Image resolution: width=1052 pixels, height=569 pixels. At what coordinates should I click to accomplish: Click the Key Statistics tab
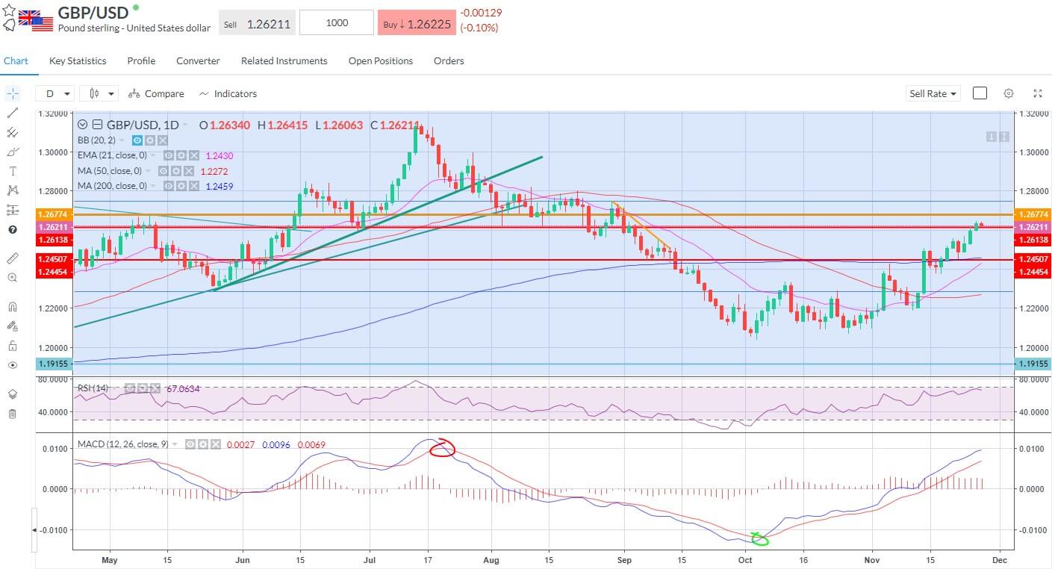click(x=78, y=61)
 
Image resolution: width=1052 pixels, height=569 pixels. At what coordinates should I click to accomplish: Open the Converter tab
click(x=198, y=61)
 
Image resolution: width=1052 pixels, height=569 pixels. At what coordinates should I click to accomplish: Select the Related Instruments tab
click(x=284, y=61)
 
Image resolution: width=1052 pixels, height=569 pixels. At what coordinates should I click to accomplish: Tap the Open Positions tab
click(x=380, y=61)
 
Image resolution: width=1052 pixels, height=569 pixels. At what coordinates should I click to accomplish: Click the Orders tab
click(x=449, y=61)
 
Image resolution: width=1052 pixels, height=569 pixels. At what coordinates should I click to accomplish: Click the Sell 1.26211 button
click(x=257, y=23)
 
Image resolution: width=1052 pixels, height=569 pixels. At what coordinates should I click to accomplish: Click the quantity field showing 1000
click(x=337, y=23)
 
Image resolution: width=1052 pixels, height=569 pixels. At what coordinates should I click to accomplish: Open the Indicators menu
click(x=228, y=94)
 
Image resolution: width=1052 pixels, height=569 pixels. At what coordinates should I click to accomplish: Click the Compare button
click(x=156, y=94)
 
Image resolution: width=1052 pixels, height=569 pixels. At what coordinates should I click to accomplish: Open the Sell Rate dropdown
click(x=933, y=94)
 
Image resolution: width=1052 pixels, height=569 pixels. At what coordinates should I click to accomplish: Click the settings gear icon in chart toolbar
click(x=1009, y=93)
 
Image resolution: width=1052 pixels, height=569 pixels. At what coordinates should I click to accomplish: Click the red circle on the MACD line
click(x=443, y=448)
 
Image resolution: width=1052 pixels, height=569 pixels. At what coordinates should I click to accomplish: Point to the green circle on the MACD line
click(x=760, y=538)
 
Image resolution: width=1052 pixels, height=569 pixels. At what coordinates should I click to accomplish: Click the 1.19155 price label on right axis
click(x=1033, y=364)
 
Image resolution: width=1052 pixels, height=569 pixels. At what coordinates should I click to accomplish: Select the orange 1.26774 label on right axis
click(x=1033, y=214)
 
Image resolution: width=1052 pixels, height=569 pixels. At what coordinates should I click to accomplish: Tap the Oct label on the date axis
click(x=745, y=559)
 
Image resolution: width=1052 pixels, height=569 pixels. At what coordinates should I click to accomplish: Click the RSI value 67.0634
click(x=184, y=389)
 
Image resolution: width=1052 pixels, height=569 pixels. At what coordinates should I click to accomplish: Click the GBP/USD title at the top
click(x=93, y=13)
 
